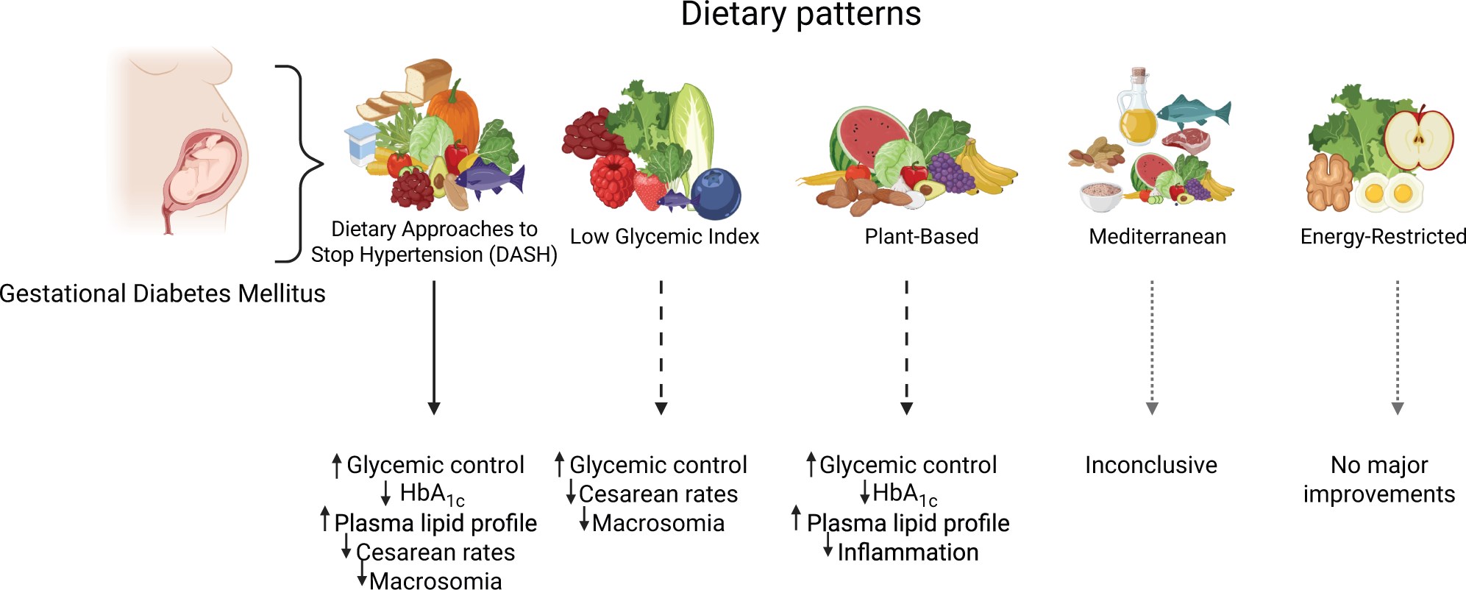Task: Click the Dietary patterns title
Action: (x=800, y=15)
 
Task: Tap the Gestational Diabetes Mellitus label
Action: (x=163, y=294)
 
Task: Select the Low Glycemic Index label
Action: (x=664, y=237)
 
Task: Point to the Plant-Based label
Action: (x=921, y=237)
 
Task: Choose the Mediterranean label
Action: (x=1157, y=237)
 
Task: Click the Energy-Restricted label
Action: (x=1383, y=237)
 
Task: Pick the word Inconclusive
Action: (x=1150, y=465)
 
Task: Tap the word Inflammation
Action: (x=908, y=552)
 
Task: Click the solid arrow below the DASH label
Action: (x=434, y=346)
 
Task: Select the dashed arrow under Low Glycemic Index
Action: (x=661, y=346)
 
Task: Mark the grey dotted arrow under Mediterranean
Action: (x=1152, y=346)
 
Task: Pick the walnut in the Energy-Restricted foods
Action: (x=1328, y=182)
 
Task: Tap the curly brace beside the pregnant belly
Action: (x=302, y=163)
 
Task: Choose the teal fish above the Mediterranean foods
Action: (x=1193, y=112)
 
